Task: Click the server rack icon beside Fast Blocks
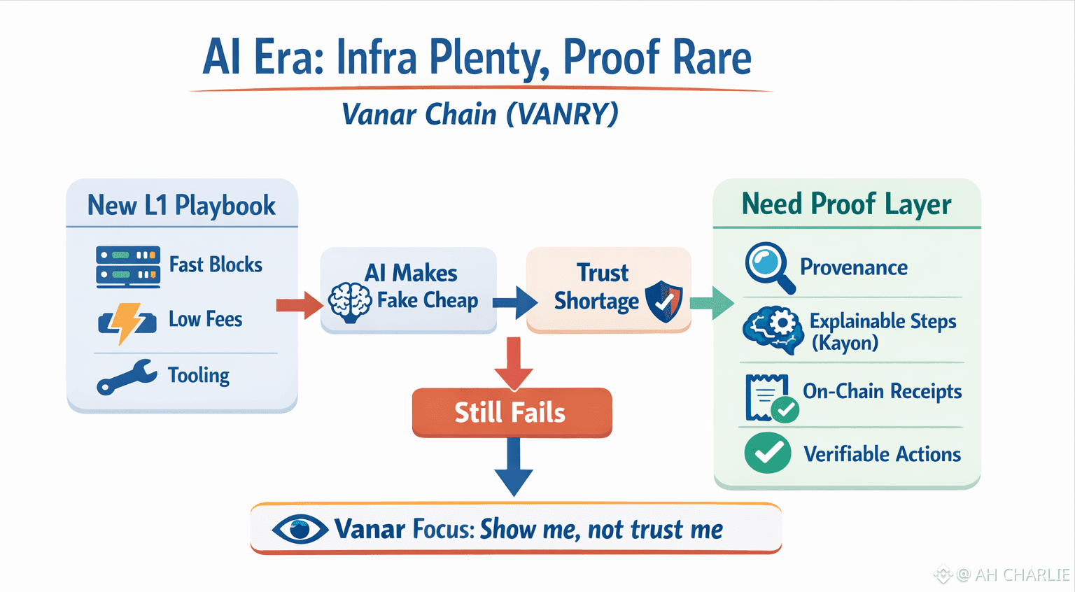tap(128, 266)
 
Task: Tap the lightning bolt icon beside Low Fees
tap(127, 323)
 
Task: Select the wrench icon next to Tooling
tap(127, 377)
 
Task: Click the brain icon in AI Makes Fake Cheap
tap(349, 302)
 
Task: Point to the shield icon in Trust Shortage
tap(663, 301)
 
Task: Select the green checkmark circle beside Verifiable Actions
tap(768, 453)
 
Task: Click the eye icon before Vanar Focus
tap(300, 530)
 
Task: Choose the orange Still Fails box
tap(512, 413)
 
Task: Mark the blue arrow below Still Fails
tap(514, 467)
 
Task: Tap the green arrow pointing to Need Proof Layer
tap(712, 302)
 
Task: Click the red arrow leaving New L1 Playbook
tap(300, 305)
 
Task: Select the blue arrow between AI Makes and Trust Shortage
tap(515, 302)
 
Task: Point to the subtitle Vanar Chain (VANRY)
tap(480, 114)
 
